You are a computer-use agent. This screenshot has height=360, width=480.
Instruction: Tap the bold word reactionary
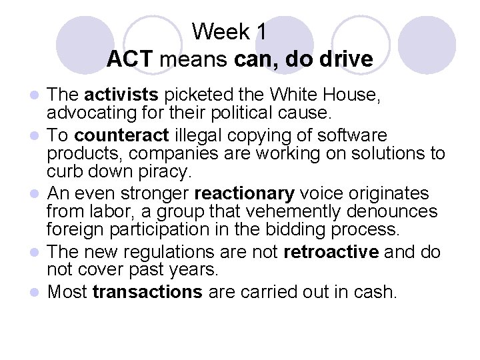point(244,193)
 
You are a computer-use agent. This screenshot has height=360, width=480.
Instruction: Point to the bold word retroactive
point(325,252)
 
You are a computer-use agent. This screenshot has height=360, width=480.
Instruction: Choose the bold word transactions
point(147,291)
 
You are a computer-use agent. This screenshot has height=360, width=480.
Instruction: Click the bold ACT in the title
point(130,59)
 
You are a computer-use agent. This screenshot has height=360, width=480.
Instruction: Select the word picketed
point(187,97)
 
